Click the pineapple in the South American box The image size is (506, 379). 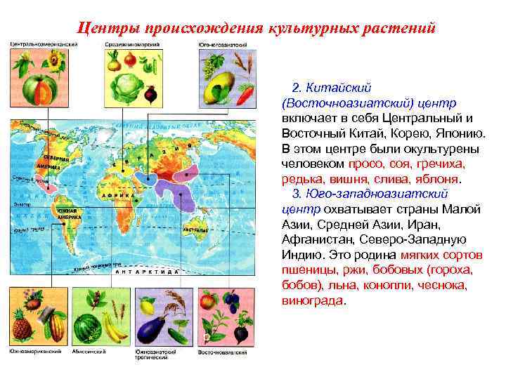[21, 328]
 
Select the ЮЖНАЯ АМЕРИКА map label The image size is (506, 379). [69, 214]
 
